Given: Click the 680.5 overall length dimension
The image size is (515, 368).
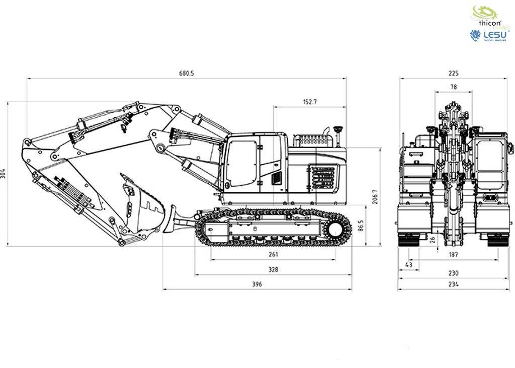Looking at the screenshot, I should (x=186, y=73).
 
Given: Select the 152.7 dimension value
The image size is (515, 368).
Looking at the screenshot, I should (x=310, y=102).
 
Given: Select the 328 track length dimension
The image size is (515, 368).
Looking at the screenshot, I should (x=273, y=270).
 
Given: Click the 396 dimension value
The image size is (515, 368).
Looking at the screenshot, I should (x=257, y=284).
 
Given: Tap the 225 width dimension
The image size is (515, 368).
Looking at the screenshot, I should (x=453, y=73).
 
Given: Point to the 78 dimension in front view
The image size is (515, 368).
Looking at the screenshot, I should (x=453, y=87).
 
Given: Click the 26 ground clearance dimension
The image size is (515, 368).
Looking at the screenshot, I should (x=433, y=239).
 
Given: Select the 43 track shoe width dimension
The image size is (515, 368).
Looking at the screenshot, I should (x=408, y=264).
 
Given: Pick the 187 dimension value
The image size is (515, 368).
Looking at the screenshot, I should (x=453, y=255).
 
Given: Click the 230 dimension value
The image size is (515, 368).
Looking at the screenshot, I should (x=453, y=273).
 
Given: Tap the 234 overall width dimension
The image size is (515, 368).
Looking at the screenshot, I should (x=453, y=284).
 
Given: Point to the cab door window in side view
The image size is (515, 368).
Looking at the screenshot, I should (x=240, y=162).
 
